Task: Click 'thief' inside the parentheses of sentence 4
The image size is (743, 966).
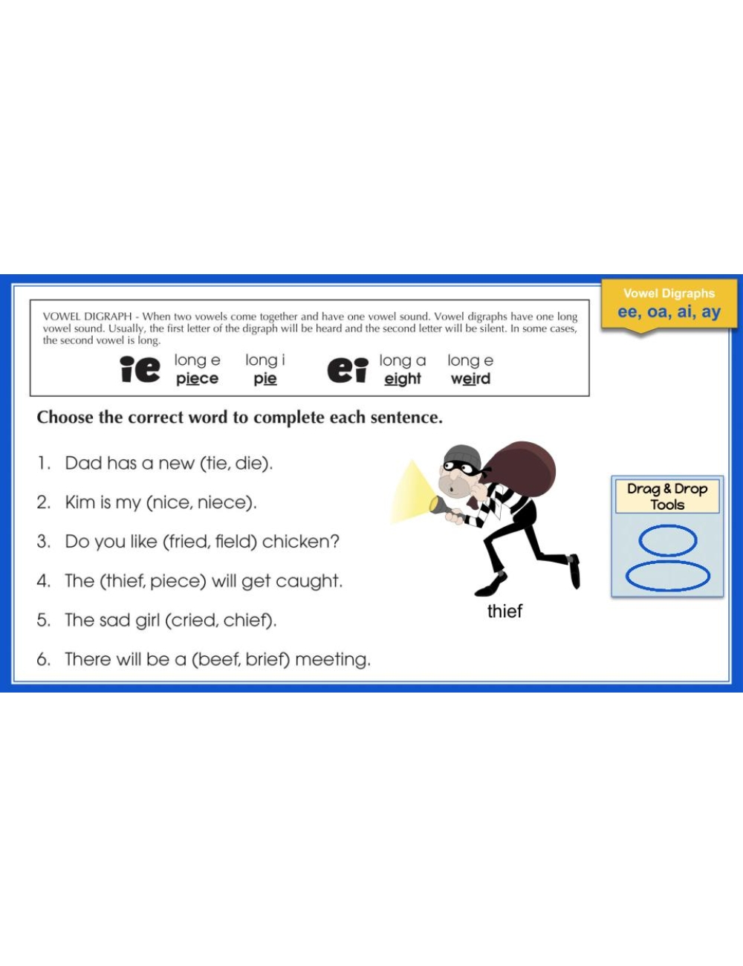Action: pyautogui.click(x=124, y=580)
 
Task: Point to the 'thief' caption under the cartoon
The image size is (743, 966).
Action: pyautogui.click(x=504, y=611)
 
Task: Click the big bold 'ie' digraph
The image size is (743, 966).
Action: pyautogui.click(x=140, y=369)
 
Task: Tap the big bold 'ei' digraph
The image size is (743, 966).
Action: pyautogui.click(x=348, y=370)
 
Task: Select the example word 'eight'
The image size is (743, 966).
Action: pyautogui.click(x=403, y=379)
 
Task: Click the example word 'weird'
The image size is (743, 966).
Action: pyautogui.click(x=470, y=379)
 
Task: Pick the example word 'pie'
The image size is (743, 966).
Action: pyautogui.click(x=265, y=379)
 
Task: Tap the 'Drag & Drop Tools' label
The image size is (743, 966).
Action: pyautogui.click(x=667, y=496)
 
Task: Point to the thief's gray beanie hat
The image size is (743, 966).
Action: pyautogui.click(x=462, y=456)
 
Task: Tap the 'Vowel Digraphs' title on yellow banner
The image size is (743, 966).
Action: pyautogui.click(x=669, y=294)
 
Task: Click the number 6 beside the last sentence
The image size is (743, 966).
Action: pyautogui.click(x=43, y=659)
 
